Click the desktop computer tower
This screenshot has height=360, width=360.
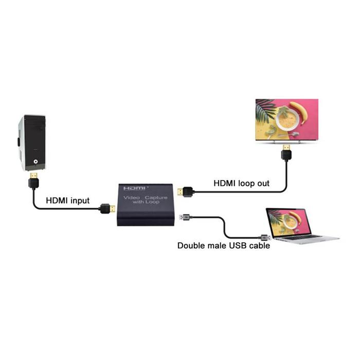click(x=32, y=142)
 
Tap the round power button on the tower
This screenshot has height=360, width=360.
click(x=35, y=161)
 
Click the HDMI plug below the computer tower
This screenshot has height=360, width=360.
click(x=34, y=181)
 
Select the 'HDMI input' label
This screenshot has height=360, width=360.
click(x=67, y=201)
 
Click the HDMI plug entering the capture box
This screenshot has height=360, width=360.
click(x=107, y=208)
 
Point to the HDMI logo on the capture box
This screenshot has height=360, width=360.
click(x=134, y=188)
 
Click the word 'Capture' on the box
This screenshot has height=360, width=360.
click(x=156, y=197)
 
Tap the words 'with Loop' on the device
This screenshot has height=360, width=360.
click(x=146, y=202)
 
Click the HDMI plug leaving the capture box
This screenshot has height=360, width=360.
click(x=186, y=192)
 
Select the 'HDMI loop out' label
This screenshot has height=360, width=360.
click(x=242, y=183)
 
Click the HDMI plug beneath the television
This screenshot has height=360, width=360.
click(x=286, y=152)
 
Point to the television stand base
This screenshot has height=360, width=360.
click(x=286, y=142)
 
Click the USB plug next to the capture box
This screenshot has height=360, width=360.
click(x=186, y=217)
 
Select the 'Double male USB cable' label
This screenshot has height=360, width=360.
click(x=224, y=246)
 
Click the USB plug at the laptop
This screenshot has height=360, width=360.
click(x=266, y=237)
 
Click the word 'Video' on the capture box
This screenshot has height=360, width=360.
click(x=132, y=197)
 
